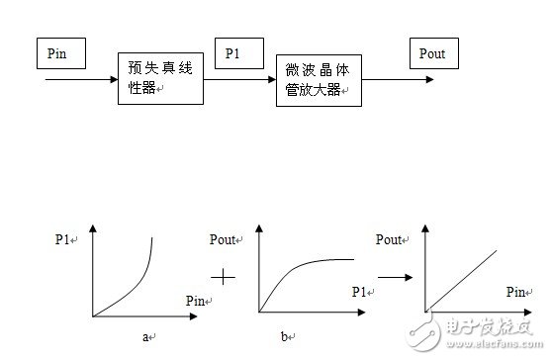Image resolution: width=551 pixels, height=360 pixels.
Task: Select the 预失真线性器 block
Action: (160, 78)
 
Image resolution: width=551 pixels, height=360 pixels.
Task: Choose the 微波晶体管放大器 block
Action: (319, 81)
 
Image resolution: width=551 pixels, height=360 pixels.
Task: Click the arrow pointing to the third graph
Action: (394, 277)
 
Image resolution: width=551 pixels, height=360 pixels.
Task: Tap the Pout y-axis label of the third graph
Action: (392, 239)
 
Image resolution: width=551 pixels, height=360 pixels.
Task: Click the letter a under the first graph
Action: (144, 336)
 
